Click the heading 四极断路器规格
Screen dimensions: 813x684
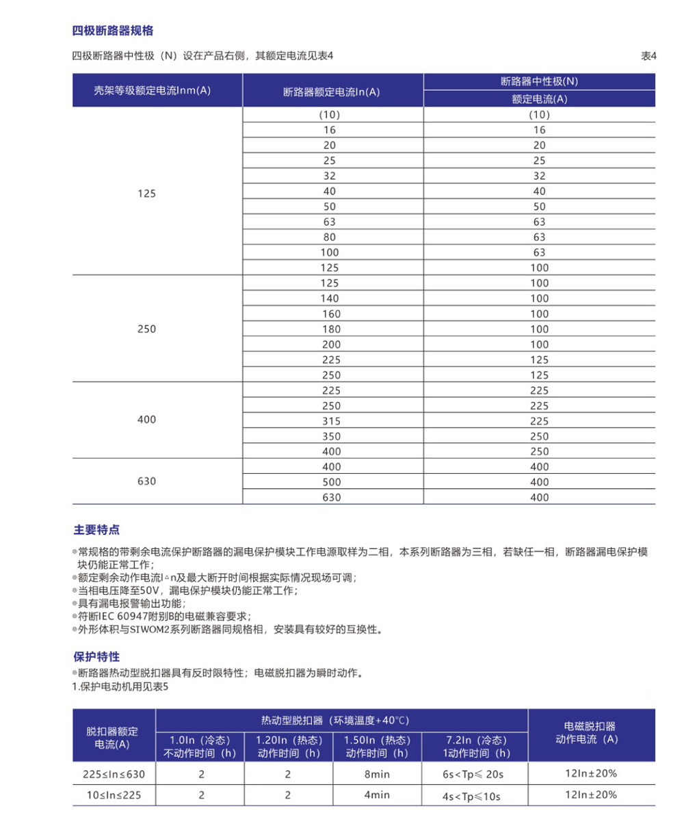[113, 31]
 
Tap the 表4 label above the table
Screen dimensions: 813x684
[648, 56]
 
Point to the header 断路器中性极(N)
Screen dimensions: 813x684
[539, 81]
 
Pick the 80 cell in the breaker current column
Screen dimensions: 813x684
[330, 237]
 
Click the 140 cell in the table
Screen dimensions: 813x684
[330, 298]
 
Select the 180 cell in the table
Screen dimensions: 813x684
[330, 329]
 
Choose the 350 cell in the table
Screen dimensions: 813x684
[330, 436]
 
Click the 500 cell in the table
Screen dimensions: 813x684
[330, 482]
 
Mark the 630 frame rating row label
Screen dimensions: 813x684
[146, 481]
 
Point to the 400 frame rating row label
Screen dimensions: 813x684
[146, 419]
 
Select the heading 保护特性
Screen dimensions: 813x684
[96, 656]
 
